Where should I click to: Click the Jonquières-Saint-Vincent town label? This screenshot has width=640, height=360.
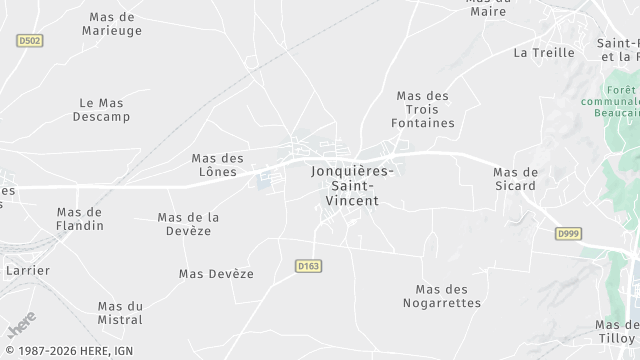coord(352,186)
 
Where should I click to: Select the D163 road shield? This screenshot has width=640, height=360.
coord(308,266)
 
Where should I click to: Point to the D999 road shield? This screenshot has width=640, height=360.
coord(568,233)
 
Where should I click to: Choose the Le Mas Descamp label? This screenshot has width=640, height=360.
coord(101,109)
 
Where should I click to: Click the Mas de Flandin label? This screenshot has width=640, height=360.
coord(80,218)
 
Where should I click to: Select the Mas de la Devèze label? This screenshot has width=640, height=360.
coord(189,224)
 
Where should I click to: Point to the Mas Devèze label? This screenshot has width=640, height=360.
coord(216,273)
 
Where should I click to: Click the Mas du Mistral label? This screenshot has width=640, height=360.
coord(120,313)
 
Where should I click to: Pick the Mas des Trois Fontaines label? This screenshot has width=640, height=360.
coord(425,109)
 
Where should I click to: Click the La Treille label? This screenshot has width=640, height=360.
coord(543,52)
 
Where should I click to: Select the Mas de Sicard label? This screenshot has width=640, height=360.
coord(515,179)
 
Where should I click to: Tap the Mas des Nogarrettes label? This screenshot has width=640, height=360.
coord(441,295)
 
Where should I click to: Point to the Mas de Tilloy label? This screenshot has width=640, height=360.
coord(617,331)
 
